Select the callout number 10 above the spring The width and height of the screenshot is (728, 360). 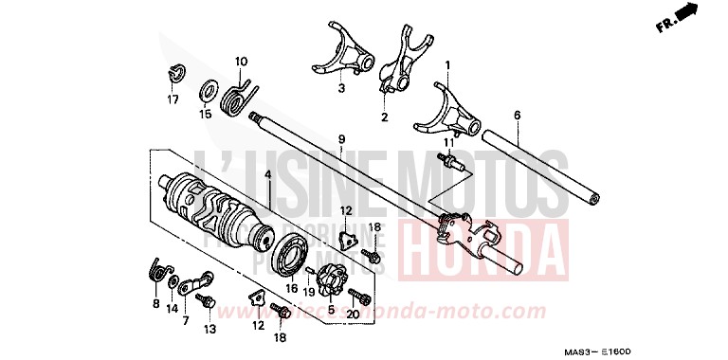(240, 62)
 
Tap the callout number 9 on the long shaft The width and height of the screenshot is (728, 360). (340, 139)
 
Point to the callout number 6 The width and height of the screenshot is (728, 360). (517, 116)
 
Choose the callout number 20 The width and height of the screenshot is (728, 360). (353, 315)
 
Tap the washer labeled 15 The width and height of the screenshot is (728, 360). (206, 95)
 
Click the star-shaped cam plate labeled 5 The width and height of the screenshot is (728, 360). (332, 279)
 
